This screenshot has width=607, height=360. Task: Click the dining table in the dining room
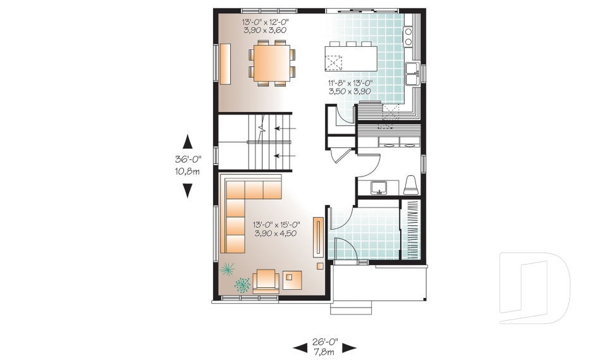tap(273, 63)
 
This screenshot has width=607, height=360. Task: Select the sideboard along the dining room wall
tap(225, 64)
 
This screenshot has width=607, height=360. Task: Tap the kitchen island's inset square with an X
tap(333, 63)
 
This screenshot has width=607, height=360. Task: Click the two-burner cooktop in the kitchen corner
tap(408, 37)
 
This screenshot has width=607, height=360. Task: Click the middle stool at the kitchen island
tap(350, 44)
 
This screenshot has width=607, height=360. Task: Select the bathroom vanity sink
tap(379, 186)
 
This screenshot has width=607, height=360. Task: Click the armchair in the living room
tap(266, 279)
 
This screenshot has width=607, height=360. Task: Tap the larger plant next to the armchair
tap(242, 285)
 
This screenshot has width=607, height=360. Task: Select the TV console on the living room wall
tap(318, 237)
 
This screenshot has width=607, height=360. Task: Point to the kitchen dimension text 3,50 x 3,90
tap(348, 91)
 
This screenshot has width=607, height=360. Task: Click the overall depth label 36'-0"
tap(187, 161)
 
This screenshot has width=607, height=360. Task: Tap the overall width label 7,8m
tap(325, 349)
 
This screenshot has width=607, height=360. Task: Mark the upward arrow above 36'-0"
tap(187, 142)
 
